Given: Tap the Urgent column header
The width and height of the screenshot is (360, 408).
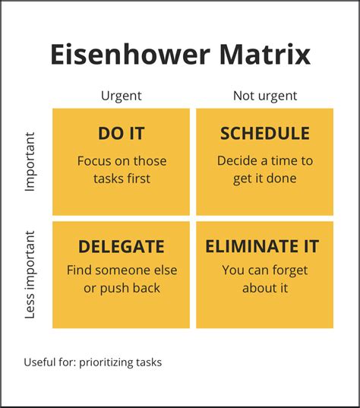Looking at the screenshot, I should coord(122,96).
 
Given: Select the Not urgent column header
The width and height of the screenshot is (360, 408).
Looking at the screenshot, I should coord(264,96).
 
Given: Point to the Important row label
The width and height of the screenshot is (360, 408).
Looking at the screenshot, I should coord(30,162).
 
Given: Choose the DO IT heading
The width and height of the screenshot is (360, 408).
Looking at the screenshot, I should coord(122,134).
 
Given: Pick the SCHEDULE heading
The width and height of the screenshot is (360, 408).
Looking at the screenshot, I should coord(264,134).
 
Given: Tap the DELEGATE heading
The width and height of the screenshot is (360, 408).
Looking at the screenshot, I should coord(122,247).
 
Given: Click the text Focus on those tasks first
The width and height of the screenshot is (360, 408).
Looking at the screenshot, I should coord(122,169).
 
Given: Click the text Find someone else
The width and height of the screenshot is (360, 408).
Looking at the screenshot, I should coord(122,270).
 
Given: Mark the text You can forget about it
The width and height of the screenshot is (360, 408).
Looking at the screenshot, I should coord(264,279).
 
